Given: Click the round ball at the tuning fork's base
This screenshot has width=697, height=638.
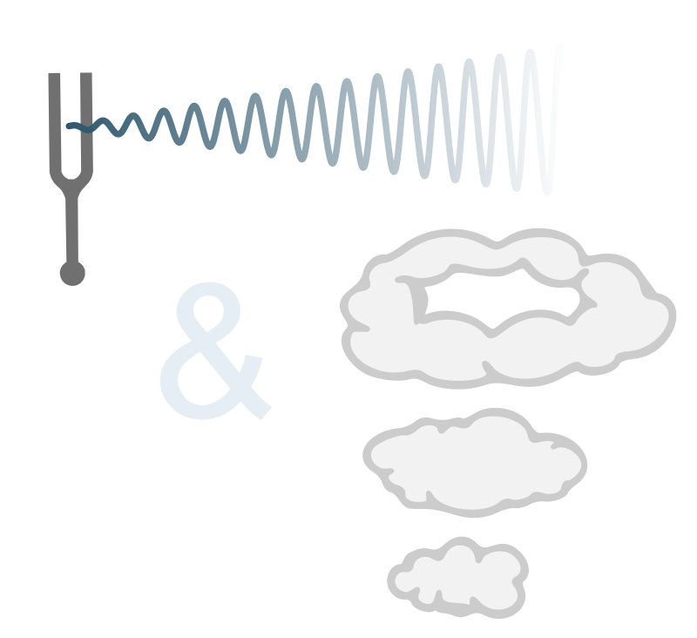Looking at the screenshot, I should [72, 273].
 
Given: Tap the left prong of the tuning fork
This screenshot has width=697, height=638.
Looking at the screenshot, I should [54, 122].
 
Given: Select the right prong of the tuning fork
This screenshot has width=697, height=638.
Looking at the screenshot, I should [87, 122].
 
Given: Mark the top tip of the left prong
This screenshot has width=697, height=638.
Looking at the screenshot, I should [54, 77].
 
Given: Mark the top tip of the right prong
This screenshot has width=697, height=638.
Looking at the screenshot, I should [87, 77].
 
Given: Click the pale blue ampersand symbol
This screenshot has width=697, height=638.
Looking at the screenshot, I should [212, 353].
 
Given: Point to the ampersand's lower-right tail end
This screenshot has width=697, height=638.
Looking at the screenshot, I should [261, 410].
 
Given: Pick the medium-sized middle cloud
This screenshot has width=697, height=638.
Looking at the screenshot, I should [475, 462].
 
